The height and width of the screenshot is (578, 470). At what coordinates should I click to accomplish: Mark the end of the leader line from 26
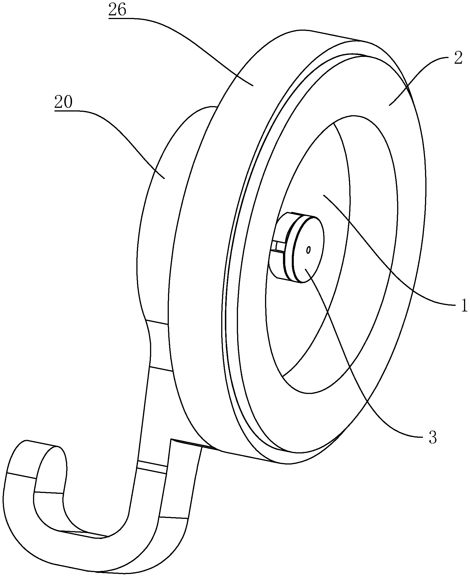pyautogui.click(x=253, y=85)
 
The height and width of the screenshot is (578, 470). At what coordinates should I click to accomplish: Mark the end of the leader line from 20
pyautogui.click(x=165, y=178)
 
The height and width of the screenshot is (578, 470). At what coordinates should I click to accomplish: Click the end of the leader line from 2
pyautogui.click(x=389, y=106)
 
